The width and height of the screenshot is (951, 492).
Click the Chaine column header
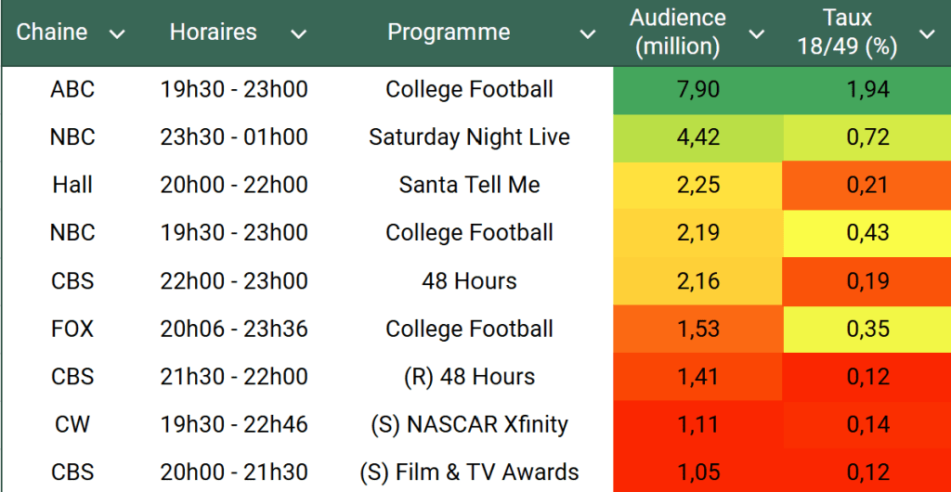(52, 32)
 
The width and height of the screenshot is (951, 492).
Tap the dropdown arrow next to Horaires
(298, 34)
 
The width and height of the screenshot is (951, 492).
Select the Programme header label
(449, 32)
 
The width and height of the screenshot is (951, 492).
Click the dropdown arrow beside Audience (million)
(757, 34)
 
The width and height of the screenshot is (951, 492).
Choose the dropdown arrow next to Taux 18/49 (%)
(927, 34)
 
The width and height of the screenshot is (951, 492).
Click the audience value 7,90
(698, 90)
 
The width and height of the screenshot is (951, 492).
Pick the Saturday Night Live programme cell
(469, 137)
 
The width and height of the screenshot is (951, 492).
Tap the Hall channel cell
(72, 185)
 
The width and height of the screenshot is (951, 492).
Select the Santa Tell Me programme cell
(469, 185)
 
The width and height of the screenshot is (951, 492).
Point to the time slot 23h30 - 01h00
(234, 137)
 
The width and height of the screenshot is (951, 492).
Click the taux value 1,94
(867, 90)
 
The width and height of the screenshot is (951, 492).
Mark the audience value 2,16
(698, 281)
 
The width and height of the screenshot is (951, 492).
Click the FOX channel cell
(72, 329)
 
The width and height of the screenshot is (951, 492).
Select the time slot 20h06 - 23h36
(234, 329)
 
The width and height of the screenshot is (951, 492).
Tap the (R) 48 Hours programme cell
(469, 377)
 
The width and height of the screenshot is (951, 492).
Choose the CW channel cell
(72, 424)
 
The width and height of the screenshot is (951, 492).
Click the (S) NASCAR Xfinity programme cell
(469, 424)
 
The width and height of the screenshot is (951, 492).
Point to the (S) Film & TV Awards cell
(469, 473)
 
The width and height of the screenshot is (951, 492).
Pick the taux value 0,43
(867, 233)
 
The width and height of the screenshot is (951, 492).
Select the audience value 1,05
(698, 473)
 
